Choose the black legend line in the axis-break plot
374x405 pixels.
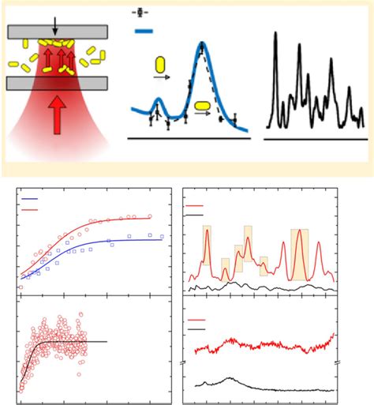pos(196,326)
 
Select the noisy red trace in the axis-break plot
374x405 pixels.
pos(260,345)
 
